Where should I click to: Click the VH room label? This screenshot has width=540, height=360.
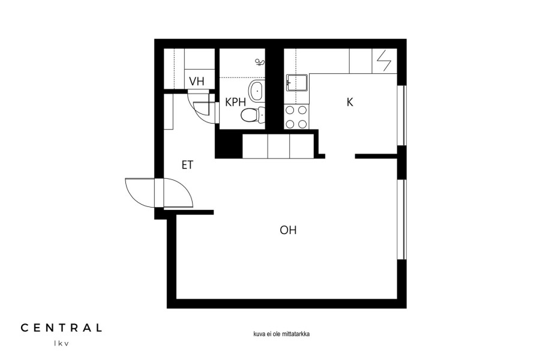(197, 82)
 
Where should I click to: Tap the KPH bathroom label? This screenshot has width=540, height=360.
(236, 103)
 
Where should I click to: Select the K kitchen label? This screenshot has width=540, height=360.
(350, 103)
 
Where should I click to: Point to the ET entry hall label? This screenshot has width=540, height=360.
(187, 166)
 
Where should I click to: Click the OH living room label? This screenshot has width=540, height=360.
(288, 230)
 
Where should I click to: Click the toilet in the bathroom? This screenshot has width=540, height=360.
(253, 115)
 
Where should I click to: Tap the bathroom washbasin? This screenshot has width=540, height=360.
(257, 91)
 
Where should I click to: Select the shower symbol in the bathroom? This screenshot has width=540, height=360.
(260, 62)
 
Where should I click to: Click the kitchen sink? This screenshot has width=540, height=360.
(297, 83)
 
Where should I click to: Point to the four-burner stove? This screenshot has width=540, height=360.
(296, 117)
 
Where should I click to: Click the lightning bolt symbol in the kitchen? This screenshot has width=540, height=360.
(385, 61)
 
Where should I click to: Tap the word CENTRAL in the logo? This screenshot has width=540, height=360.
(61, 328)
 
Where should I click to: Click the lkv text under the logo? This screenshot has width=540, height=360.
(61, 343)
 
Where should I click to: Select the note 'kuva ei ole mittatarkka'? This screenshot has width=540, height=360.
(281, 334)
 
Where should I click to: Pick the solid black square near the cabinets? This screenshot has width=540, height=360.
(229, 145)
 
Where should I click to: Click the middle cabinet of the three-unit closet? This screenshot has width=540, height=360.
(278, 146)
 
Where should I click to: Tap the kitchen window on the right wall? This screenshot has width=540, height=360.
(402, 115)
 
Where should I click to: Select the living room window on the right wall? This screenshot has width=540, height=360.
(402, 220)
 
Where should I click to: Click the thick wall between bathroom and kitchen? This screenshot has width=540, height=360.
(274, 89)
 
